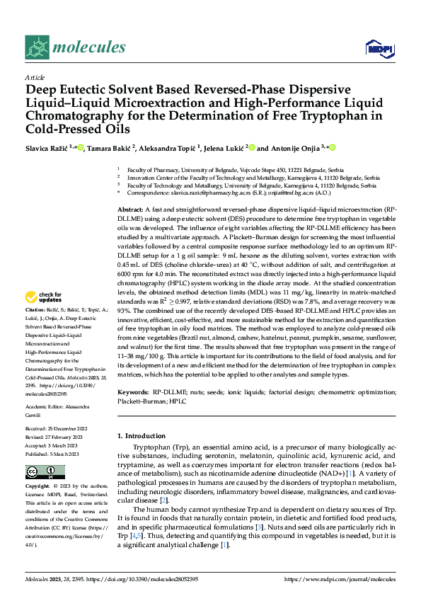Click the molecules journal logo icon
pos(37,47)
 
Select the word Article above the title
pos(35,77)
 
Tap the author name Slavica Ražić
pos(47,148)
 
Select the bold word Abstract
pos(130,211)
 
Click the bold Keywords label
pos(134,391)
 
